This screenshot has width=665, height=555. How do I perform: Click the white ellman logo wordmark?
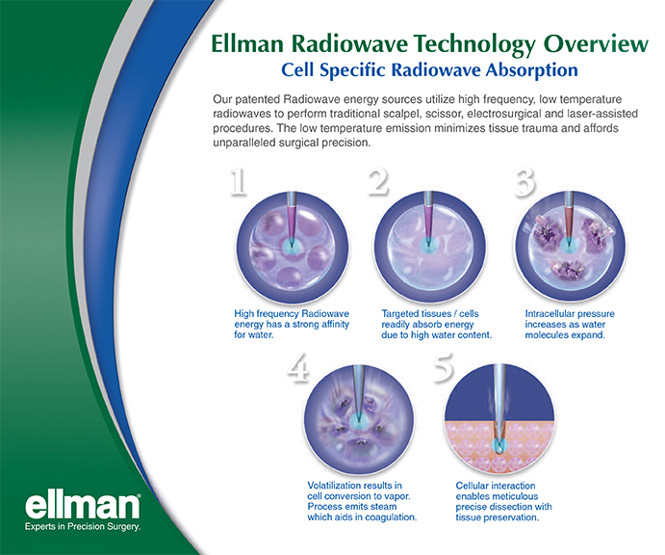pyautogui.click(x=82, y=505)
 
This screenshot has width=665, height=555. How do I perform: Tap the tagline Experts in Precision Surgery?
pyautogui.click(x=82, y=527)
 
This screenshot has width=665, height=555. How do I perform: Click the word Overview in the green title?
pyautogui.click(x=596, y=43)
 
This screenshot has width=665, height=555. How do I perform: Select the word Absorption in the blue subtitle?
pyautogui.click(x=532, y=70)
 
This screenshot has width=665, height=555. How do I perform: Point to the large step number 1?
pyautogui.click(x=238, y=182)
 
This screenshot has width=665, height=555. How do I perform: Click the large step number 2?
pyautogui.click(x=378, y=182)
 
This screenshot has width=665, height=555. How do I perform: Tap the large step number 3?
pyautogui.click(x=525, y=183)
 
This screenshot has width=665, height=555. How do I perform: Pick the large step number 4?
pyautogui.click(x=298, y=368)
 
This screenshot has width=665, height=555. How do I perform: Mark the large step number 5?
pyautogui.click(x=444, y=367)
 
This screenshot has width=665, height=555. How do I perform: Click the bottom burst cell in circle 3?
pyautogui.click(x=569, y=269)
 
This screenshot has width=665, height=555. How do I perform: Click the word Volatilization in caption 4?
pyautogui.click(x=333, y=486)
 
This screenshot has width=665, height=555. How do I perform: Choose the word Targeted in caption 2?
pyautogui.click(x=398, y=314)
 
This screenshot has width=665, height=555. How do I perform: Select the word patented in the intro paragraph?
pyautogui.click(x=259, y=100)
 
